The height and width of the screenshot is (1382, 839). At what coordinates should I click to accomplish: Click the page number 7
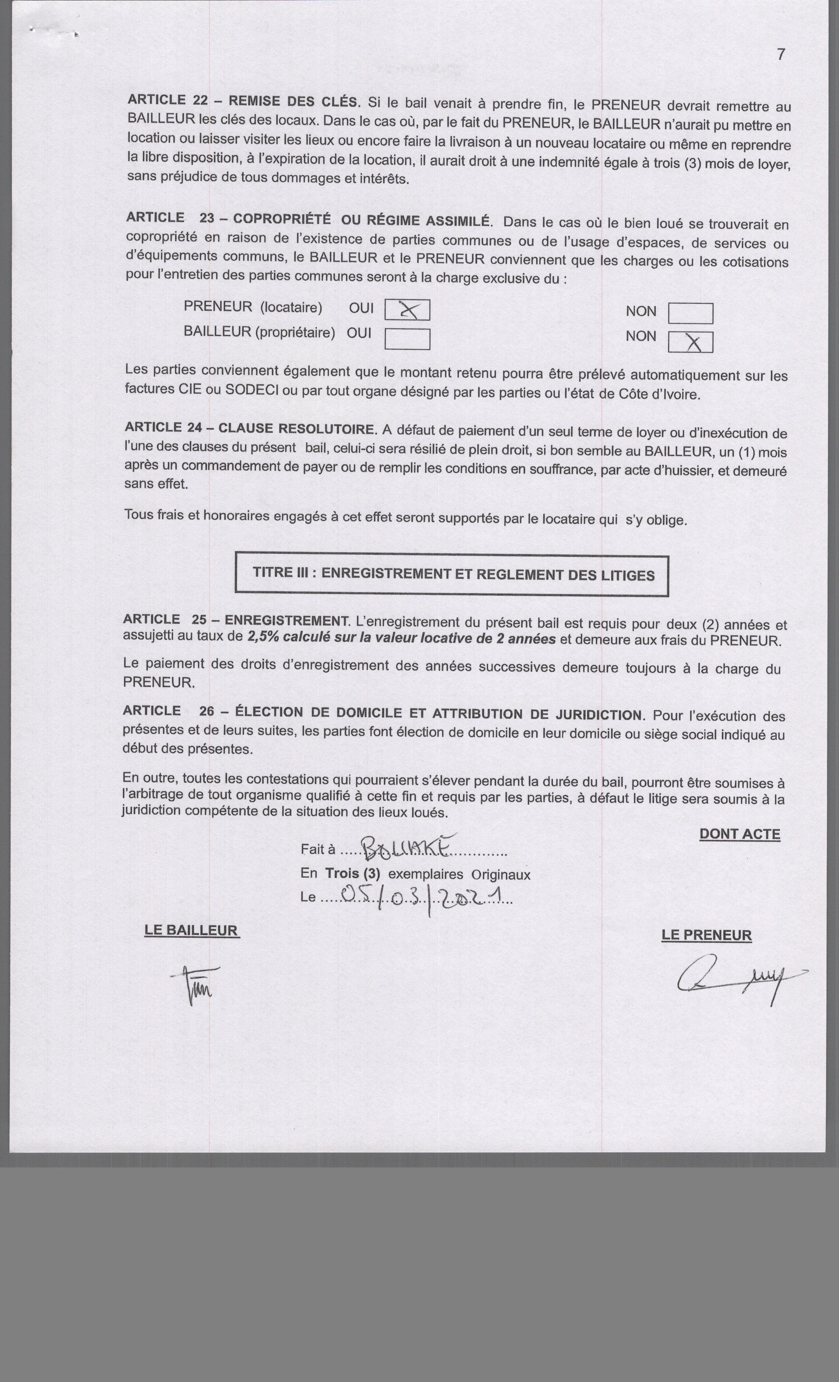pos(781,54)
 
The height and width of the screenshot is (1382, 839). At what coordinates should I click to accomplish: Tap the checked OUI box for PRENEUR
pos(407,310)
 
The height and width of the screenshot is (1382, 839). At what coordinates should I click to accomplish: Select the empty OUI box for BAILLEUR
pos(407,339)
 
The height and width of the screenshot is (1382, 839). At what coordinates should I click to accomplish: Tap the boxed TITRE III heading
pos(452,575)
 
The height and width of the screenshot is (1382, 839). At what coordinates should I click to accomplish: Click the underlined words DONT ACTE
pos(739,834)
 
